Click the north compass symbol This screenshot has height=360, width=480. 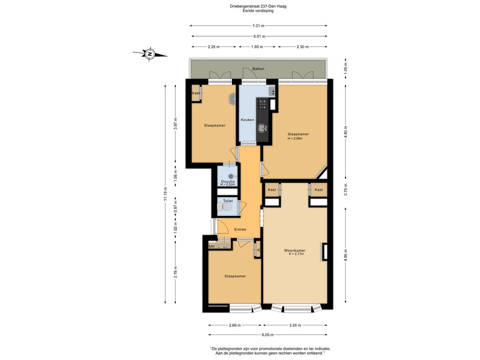tap(150, 54)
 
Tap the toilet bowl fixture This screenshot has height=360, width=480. tap(227, 207)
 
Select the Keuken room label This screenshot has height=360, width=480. tap(247, 120)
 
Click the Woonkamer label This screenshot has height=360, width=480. tap(294, 250)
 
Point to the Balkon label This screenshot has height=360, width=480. tap(258, 69)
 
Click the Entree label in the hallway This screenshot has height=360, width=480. tap(240, 229)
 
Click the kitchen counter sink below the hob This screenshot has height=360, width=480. tap(262, 127)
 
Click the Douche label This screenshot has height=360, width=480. tap(228, 181)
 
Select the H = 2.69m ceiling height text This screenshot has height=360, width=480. tap(295, 138)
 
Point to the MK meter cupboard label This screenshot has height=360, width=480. tap(211, 247)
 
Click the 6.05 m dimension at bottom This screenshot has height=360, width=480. tap(267, 335)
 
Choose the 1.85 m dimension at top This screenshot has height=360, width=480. tap(257, 47)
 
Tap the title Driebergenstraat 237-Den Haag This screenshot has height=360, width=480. tap(258, 6)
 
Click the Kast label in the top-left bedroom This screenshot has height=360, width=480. tap(195, 93)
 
